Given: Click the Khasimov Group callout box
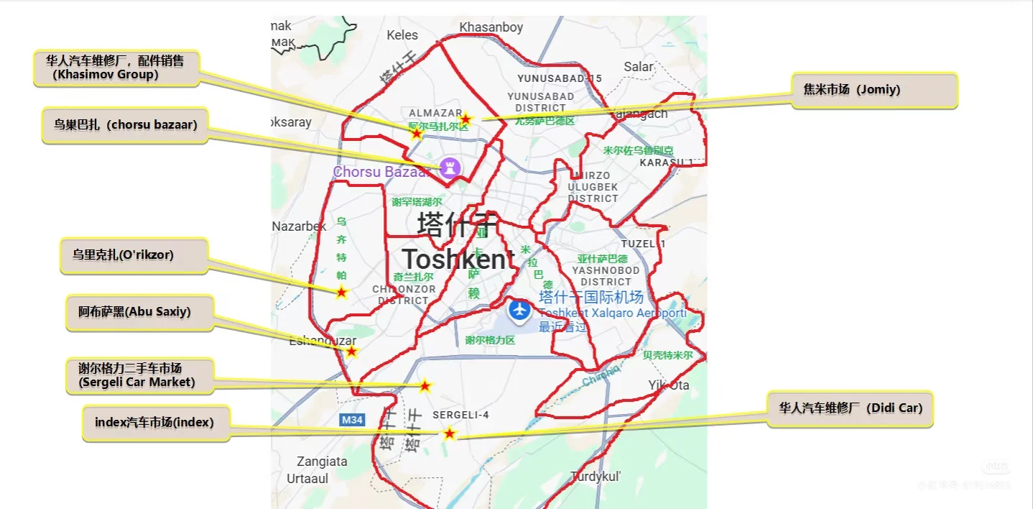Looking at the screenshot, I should click(x=116, y=68).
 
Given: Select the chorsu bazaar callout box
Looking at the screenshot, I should click(x=125, y=125).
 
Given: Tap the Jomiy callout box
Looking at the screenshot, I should click(x=874, y=90).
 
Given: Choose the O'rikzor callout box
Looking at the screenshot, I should click(x=134, y=255).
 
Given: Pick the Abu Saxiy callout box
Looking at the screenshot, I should click(x=140, y=313).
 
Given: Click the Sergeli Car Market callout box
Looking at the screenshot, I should click(x=140, y=375).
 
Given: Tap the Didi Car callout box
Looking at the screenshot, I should click(x=851, y=408).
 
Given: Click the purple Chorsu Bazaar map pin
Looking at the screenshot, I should click(x=451, y=168).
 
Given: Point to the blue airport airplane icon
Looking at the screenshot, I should click(x=519, y=311).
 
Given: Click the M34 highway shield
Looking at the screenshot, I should click(x=352, y=420).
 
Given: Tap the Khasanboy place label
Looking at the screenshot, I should click(x=491, y=27).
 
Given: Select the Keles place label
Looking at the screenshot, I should click(x=402, y=35).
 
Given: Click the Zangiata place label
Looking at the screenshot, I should click(x=322, y=462).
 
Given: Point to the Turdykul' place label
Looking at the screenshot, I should click(x=596, y=476).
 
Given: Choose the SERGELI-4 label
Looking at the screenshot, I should click(x=460, y=416).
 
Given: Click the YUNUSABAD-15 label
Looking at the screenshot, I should click(x=560, y=78).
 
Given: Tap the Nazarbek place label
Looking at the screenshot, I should click(x=299, y=226).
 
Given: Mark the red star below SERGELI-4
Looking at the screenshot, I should click(x=449, y=434).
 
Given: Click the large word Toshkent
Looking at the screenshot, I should click(x=458, y=260).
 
